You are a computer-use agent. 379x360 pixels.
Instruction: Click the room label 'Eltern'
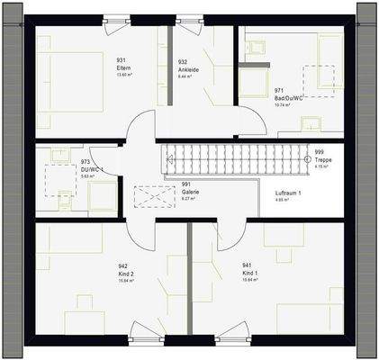coord(121,68)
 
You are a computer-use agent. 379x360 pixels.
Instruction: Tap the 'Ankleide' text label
coord(188,69)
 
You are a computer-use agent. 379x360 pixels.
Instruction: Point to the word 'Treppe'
coord(324,159)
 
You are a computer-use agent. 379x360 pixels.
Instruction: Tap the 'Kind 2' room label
coord(126,274)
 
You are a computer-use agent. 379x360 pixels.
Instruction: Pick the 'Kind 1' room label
coord(250,274)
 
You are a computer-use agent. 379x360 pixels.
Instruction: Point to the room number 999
coord(320,152)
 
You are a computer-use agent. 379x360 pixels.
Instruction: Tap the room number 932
coord(184,61)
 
